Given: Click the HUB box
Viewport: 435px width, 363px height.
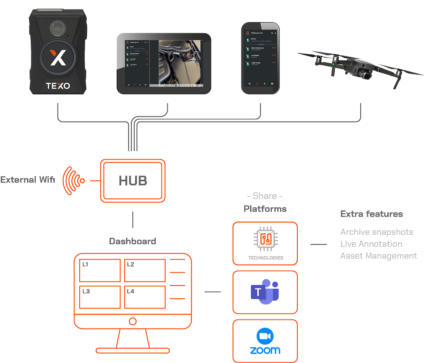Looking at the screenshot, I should click(133, 181).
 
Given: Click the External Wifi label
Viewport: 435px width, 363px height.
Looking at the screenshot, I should click(28, 180).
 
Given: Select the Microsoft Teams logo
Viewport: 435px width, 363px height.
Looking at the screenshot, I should click(265, 292).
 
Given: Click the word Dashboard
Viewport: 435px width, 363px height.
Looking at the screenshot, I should click(133, 241).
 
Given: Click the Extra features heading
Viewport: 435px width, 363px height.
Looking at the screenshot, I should click(371, 214).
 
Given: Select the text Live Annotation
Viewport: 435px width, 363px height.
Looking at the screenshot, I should click(371, 244).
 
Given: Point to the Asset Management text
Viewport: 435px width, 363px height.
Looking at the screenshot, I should click(378, 256).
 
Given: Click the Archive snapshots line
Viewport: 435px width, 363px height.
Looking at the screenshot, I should click(376, 232).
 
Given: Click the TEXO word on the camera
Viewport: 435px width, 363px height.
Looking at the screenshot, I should click(58, 86).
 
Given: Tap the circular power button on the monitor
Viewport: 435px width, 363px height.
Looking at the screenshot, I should click(133, 320).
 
